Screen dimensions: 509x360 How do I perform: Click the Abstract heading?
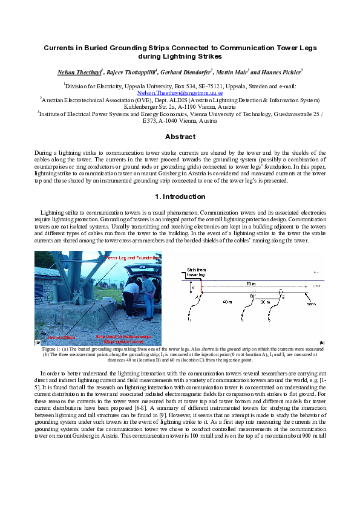[x=180, y=137]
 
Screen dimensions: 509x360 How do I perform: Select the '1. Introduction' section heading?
[x=180, y=196]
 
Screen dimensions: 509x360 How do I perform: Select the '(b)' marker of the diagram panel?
[x=321, y=342]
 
